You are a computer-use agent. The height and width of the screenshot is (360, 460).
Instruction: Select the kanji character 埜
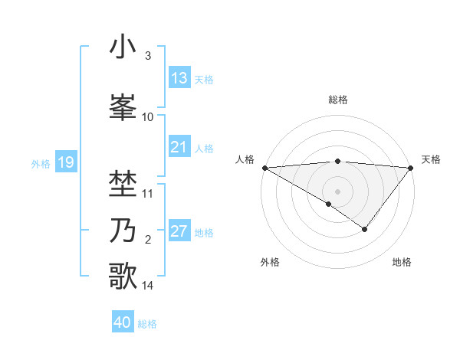123,184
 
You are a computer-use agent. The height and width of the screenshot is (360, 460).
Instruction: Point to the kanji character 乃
123,231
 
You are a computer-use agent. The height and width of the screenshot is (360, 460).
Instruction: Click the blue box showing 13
179,78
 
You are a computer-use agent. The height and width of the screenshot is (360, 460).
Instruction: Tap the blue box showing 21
179,147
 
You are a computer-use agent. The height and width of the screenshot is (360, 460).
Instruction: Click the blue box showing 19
65,162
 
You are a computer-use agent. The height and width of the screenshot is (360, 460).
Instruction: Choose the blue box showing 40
123,322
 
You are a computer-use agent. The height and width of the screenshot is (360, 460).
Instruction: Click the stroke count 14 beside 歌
148,286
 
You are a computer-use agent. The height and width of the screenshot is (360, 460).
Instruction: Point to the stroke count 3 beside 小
147,56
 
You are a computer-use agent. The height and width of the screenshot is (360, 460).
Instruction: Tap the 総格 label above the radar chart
338,100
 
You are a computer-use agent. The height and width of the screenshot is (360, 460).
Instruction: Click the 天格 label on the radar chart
431,159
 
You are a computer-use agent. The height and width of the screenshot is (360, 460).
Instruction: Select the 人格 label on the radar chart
245,159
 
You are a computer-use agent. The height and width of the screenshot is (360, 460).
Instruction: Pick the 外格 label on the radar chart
270,262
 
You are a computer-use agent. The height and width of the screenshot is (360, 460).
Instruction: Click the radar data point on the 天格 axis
412,167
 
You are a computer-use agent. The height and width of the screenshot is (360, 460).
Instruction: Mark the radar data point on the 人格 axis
264,167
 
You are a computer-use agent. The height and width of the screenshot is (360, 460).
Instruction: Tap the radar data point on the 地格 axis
365,229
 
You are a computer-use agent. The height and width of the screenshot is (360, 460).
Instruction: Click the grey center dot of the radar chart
338,191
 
